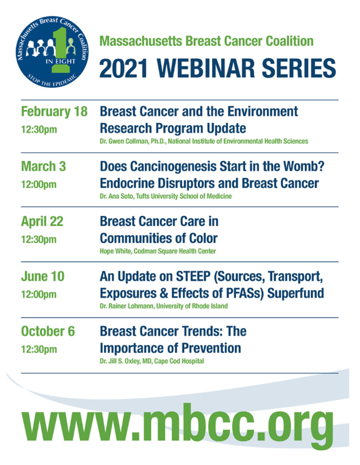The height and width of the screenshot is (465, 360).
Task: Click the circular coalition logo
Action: (x=52, y=52)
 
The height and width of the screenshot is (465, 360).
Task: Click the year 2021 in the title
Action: (x=123, y=68)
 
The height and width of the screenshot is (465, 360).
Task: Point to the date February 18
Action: (x=55, y=111)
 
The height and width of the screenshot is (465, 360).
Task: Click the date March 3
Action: (x=43, y=166)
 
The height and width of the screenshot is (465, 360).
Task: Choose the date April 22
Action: (x=42, y=221)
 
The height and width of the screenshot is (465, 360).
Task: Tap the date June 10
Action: (x=43, y=276)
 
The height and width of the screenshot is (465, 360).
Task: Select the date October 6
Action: (x=48, y=331)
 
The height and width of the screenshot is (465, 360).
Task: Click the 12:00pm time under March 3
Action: (x=38, y=184)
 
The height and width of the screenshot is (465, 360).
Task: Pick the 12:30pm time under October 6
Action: (x=38, y=349)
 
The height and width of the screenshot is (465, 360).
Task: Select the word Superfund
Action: (x=295, y=293)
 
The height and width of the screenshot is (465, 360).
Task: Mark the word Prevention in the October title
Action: (x=211, y=348)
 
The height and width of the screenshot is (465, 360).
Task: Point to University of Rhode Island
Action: (x=192, y=306)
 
